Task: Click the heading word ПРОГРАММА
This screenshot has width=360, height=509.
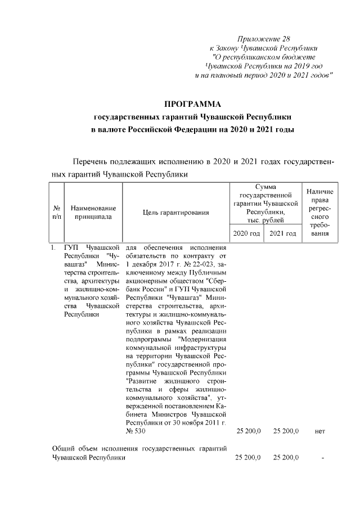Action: pyautogui.click(x=193, y=105)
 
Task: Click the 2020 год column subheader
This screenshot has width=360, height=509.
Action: pyautogui.click(x=246, y=233)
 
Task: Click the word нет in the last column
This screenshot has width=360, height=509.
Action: pyautogui.click(x=321, y=431)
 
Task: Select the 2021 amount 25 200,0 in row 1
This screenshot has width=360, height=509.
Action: pyautogui.click(x=284, y=431)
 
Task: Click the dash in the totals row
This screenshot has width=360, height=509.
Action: pyautogui.click(x=322, y=458)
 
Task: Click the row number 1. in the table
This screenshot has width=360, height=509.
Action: pyautogui.click(x=52, y=247)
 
